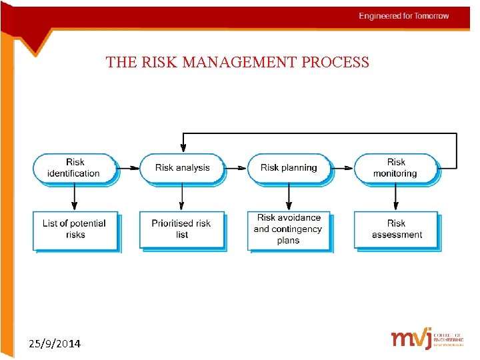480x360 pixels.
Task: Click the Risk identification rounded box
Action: tap(75, 168)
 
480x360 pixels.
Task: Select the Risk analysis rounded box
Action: tap(182, 168)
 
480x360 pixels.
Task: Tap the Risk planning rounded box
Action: tap(289, 168)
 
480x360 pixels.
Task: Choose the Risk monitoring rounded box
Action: tap(395, 168)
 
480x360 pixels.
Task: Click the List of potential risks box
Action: tap(75, 230)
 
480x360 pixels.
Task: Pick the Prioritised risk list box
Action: tap(181, 230)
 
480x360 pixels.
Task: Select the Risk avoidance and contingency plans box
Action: tap(289, 230)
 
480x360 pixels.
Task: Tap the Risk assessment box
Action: tap(396, 230)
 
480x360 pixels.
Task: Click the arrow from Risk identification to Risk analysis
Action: tap(129, 168)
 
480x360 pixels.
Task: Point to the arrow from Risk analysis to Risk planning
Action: tap(236, 168)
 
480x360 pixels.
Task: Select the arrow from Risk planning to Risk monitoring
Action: tap(342, 168)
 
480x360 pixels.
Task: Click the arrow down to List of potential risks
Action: tap(75, 197)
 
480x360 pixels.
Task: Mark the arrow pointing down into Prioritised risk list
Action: tap(182, 197)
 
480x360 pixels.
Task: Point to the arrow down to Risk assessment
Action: tap(396, 197)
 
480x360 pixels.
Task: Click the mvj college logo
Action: tap(427, 338)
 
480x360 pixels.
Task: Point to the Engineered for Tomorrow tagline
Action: tap(404, 16)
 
